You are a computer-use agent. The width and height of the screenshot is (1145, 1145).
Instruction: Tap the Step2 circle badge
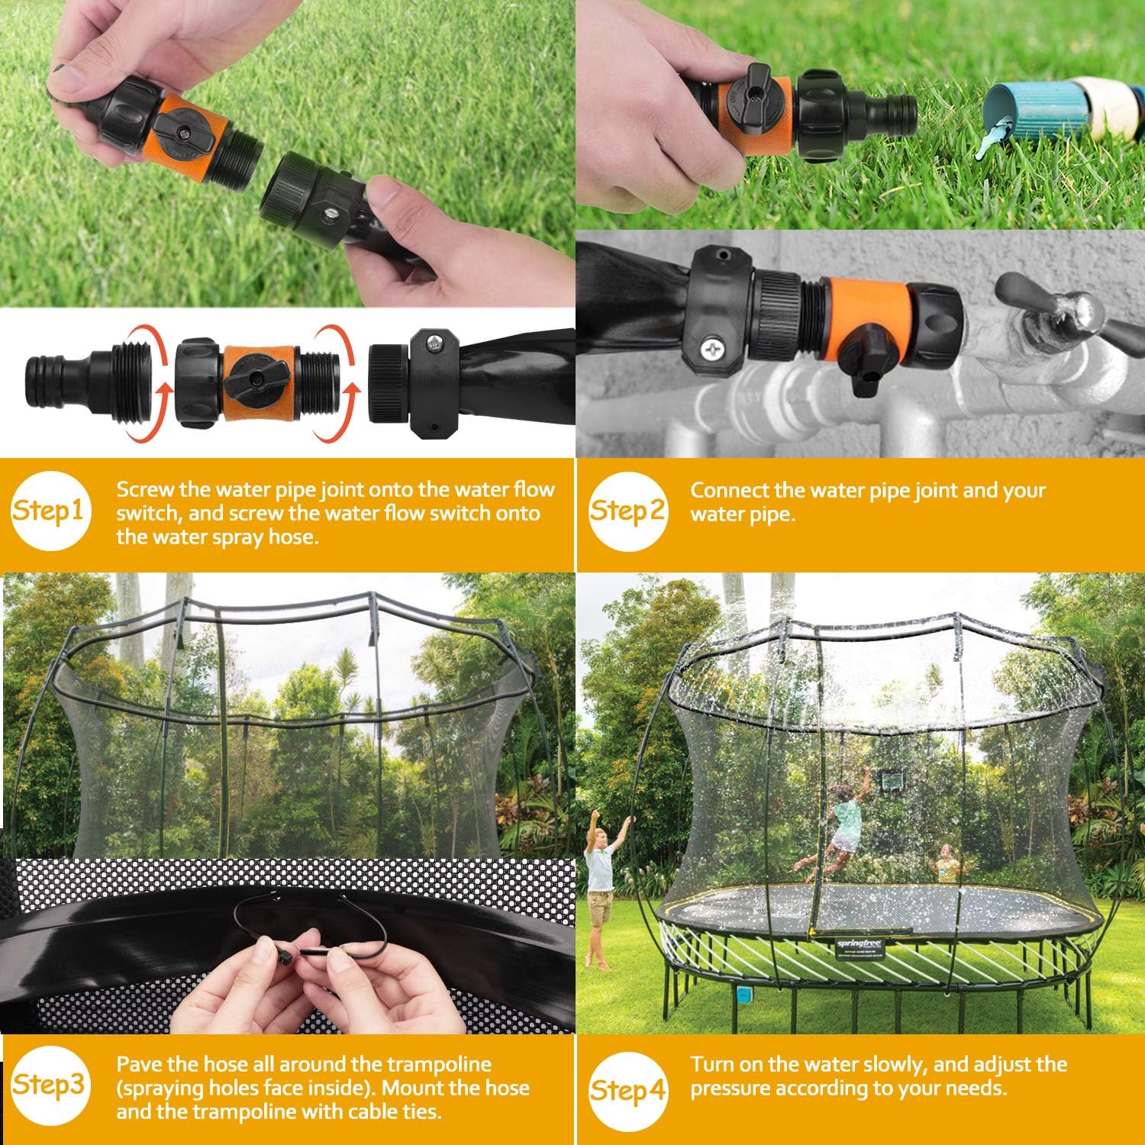click(627, 511)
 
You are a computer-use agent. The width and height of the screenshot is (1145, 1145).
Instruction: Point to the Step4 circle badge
click(627, 1089)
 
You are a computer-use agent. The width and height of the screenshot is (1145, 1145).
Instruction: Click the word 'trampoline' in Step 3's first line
click(439, 1064)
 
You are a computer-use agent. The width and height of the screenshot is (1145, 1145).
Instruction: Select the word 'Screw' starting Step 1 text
click(145, 490)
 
